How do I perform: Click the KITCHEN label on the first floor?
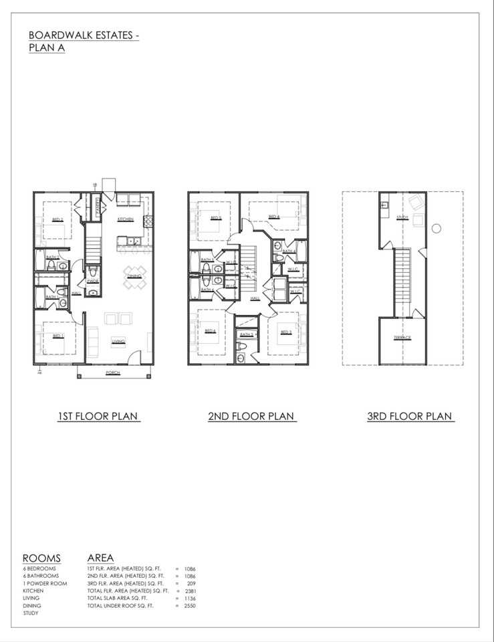pyautogui.click(x=125, y=219)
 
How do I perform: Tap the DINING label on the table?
pyautogui.click(x=135, y=276)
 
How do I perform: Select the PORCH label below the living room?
pyautogui.click(x=113, y=373)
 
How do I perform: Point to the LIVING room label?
pyautogui.click(x=118, y=340)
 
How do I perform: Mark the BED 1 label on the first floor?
pyautogui.click(x=57, y=336)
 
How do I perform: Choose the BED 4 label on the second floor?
pyautogui.click(x=273, y=217)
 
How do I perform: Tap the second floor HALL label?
pyautogui.click(x=255, y=298)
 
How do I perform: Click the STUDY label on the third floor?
pyautogui.click(x=402, y=217)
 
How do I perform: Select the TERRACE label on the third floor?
pyautogui.click(x=402, y=338)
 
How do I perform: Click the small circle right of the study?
pyautogui.click(x=437, y=228)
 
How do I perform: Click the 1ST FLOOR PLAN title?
pyautogui.click(x=98, y=416)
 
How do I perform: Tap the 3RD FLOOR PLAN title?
pyautogui.click(x=410, y=416)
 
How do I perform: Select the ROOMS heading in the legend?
pyautogui.click(x=41, y=558)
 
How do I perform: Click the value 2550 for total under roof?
pyautogui.click(x=189, y=605)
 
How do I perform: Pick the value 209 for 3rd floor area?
pyautogui.click(x=191, y=583)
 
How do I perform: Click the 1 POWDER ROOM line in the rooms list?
pyautogui.click(x=45, y=583)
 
